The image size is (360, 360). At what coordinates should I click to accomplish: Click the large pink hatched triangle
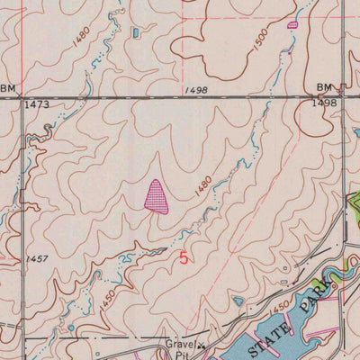click(157, 196)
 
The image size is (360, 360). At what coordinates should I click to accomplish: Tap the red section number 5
click(184, 257)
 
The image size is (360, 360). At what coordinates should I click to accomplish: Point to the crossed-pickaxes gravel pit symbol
click(202, 346)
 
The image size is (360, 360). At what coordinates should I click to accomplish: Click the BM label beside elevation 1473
click(9, 88)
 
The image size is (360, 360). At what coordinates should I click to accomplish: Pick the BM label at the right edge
click(324, 87)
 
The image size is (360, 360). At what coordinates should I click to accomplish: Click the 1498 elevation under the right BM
click(325, 103)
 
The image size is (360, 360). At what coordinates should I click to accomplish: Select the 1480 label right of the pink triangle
click(203, 186)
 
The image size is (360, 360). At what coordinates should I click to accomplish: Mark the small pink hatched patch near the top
click(292, 25)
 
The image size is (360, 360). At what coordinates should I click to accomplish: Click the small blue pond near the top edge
click(136, 32)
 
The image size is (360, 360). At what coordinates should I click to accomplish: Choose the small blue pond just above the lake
click(238, 301)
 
